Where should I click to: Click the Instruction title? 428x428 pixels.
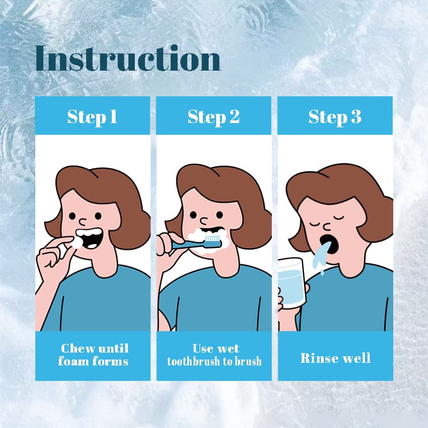(128, 58)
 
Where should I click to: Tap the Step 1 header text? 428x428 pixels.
(92, 117)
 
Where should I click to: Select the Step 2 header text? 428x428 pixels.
(213, 117)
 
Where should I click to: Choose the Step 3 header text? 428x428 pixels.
(335, 117)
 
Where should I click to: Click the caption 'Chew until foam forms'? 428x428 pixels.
(93, 355)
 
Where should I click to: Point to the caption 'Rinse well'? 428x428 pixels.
(335, 358)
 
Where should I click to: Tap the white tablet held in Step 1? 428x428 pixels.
(77, 242)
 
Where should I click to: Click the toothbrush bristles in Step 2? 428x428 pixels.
(212, 239)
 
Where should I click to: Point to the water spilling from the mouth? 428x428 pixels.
(322, 257)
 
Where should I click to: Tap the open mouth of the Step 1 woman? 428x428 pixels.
(89, 238)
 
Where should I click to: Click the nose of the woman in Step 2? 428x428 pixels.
(204, 220)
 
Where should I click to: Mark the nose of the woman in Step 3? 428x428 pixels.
(327, 227)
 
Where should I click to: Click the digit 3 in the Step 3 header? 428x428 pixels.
(356, 116)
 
